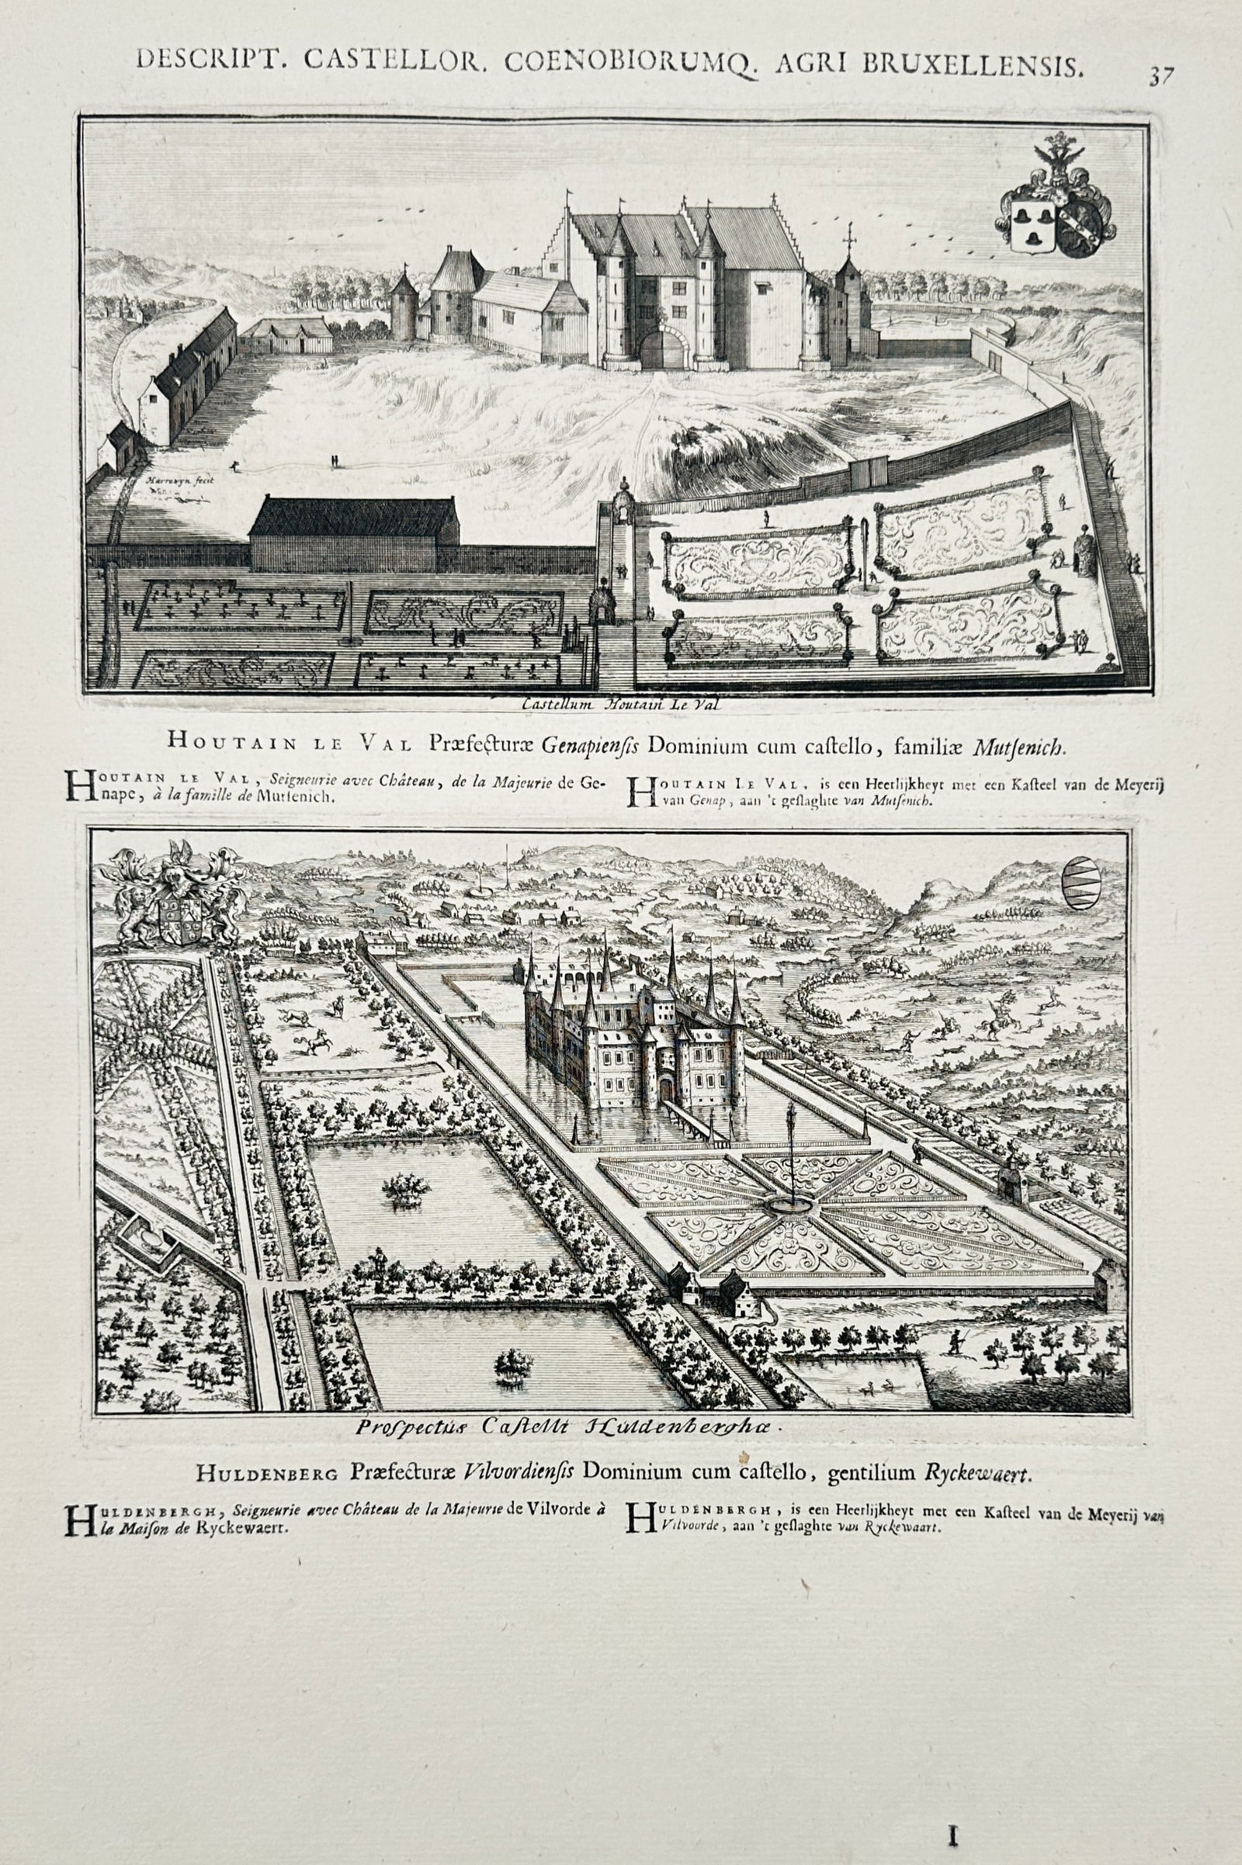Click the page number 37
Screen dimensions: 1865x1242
[1160, 76]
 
